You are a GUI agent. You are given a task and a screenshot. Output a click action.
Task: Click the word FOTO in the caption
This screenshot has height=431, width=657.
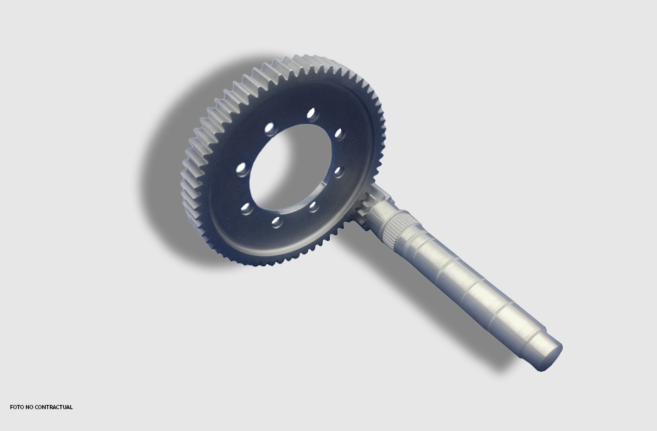pos(17,407)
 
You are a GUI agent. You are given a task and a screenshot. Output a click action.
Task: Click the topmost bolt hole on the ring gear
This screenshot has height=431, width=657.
pos(311,113)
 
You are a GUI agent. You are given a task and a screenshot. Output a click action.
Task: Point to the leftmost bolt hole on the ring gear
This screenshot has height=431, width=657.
pos(242,169)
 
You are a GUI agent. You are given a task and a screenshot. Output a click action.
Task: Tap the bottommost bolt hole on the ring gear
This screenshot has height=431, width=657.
pos(277,222)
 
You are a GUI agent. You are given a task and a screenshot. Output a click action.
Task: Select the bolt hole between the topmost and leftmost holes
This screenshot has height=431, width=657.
pos(269,127)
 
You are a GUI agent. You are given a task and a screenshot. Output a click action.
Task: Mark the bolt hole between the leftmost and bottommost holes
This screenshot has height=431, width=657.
pos(247,208)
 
